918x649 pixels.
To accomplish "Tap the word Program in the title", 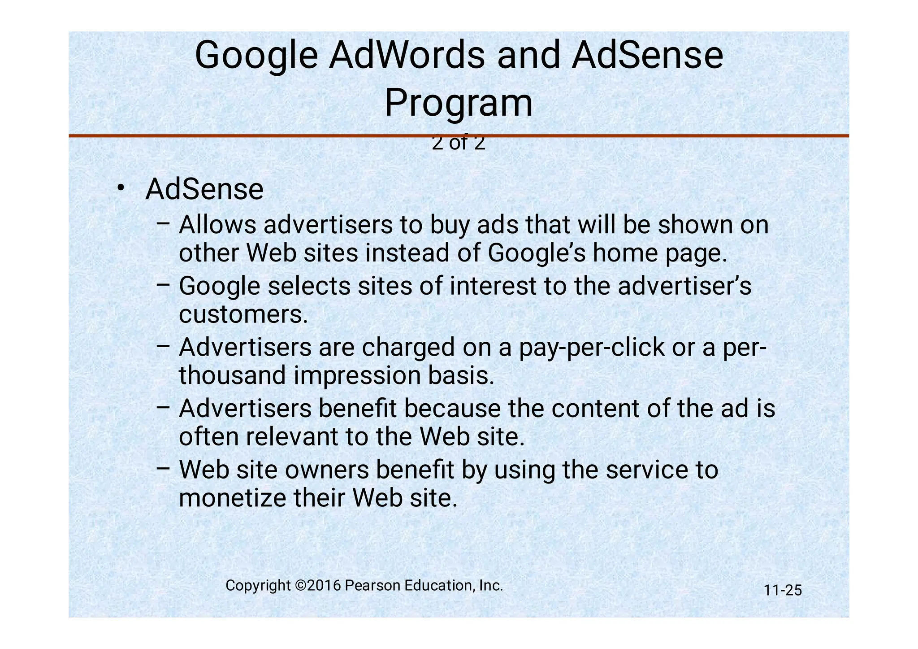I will (x=459, y=104).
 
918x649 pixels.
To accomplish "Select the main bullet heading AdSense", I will (x=204, y=189).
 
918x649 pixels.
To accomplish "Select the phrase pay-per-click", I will (x=592, y=347).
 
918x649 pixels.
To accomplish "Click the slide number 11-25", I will (x=783, y=590).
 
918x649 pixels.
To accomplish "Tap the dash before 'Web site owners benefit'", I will (x=163, y=468).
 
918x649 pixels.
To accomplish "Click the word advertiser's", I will (x=684, y=286).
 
